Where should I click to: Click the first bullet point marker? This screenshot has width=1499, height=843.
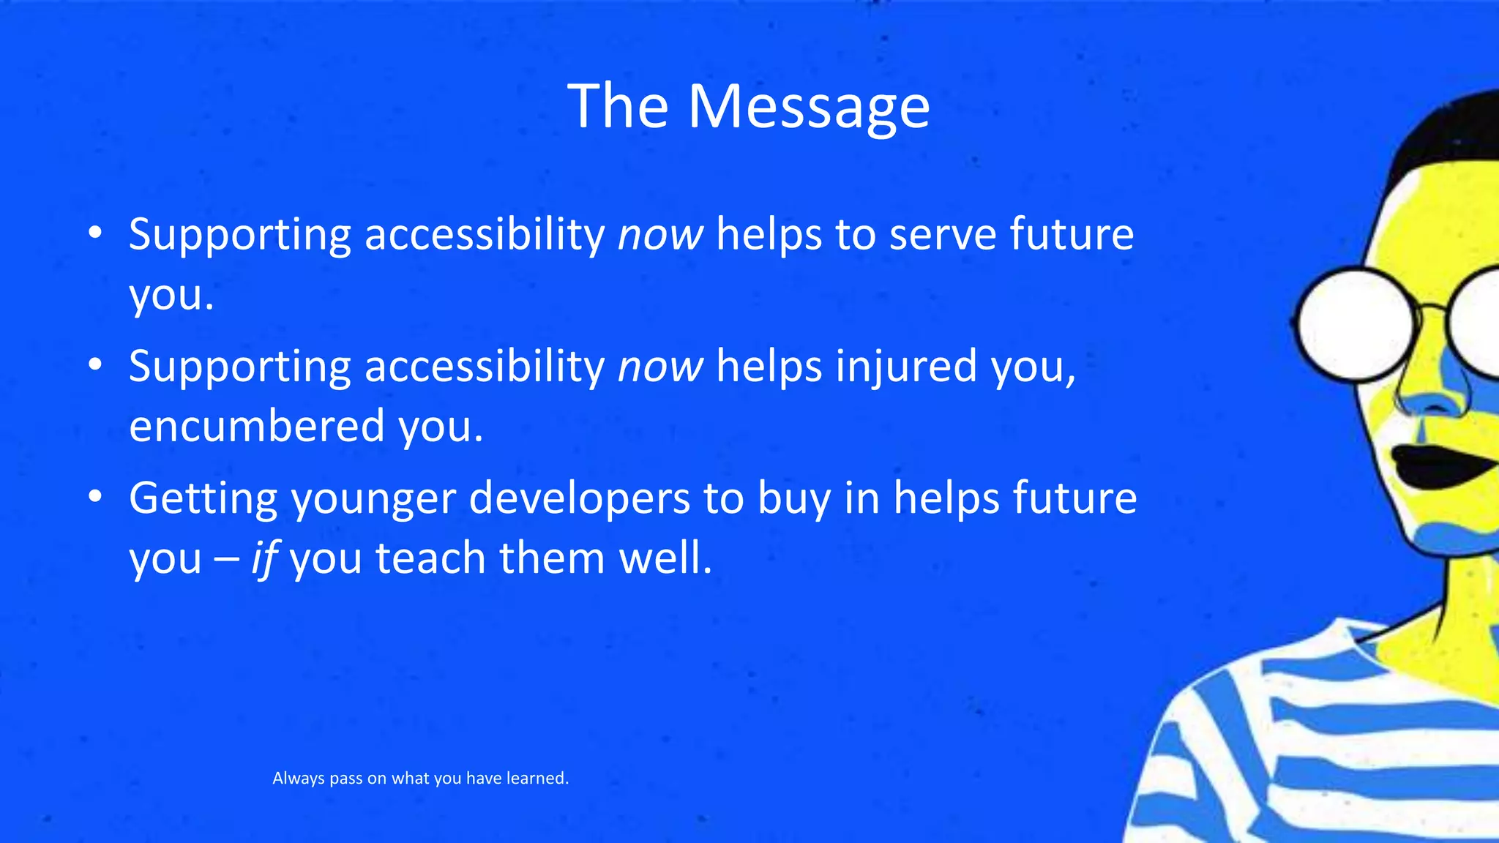94,233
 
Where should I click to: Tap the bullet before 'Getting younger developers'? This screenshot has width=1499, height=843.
94,498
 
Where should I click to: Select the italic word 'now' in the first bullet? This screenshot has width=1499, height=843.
659,235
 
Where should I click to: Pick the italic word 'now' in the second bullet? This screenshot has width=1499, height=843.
659,367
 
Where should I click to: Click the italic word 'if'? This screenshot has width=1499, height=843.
263,558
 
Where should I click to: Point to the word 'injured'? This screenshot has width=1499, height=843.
905,367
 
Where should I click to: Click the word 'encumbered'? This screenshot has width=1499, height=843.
256,427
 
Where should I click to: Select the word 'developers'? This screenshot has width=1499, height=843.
579,498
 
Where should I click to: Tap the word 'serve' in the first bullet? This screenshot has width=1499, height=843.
942,235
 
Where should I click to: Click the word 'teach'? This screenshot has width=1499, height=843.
430,558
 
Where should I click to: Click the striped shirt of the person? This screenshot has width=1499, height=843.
1317,746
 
